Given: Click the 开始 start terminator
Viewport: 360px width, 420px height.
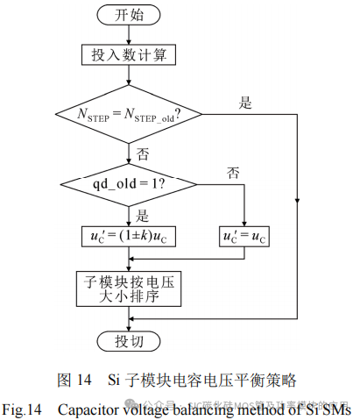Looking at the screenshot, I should (129, 15).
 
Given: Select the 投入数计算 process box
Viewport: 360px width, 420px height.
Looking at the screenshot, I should (129, 56).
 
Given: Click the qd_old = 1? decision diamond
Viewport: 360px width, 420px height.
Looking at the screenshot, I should (130, 184).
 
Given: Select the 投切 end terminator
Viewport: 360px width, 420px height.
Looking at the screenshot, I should (129, 340).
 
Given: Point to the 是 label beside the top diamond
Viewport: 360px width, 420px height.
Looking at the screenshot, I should (246, 102).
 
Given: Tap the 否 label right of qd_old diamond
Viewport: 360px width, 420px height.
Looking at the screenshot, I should (233, 171).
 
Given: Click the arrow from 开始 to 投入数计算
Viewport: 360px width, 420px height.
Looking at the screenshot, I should (129, 33).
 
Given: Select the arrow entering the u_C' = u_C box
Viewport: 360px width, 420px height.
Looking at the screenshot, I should (246, 219).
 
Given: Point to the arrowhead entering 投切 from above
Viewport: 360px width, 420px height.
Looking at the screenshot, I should (129, 325).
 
